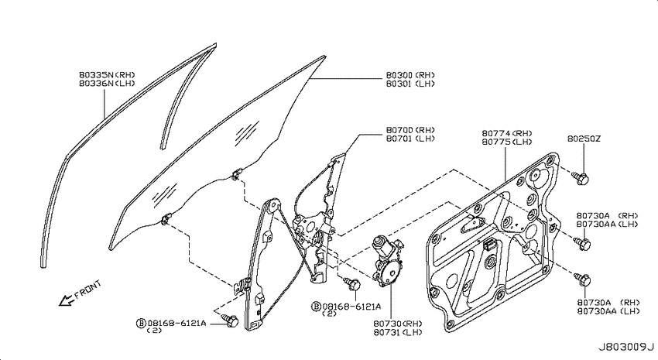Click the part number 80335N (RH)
coord(107,75)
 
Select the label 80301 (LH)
coord(410,84)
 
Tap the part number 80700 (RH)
coord(410,130)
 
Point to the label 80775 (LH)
coord(507,142)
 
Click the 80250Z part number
coord(584,139)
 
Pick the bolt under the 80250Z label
coord(581,179)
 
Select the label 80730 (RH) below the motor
coord(398,324)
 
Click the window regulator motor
coord(387,261)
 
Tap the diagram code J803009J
coord(626,348)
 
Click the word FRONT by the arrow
coord(88,290)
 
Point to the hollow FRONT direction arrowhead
coord(66,300)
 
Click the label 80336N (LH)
coord(107,84)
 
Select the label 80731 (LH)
coord(398,333)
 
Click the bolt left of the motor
coord(352,283)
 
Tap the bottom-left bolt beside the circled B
coord(230,321)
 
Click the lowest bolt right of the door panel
coord(582,279)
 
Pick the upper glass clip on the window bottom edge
coord(238,173)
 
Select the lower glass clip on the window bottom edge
coord(166,218)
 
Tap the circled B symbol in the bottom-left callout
coord(141,323)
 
